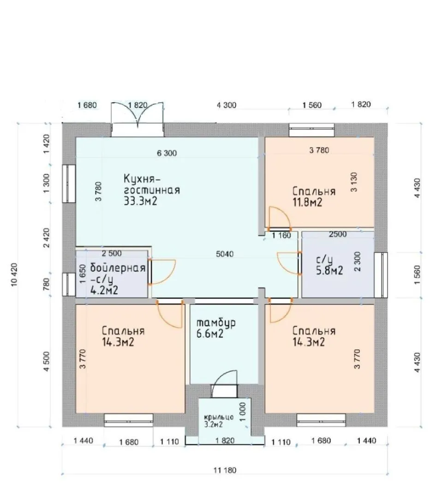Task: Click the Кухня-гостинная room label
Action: tap(151, 184)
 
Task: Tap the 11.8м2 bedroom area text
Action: tap(307, 202)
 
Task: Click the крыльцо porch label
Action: tap(219, 417)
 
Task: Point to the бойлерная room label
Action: tap(118, 268)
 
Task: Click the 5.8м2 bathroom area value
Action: tap(329, 270)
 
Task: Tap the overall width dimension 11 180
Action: tap(225, 470)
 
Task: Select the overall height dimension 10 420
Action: tap(14, 274)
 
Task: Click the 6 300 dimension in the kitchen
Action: tap(167, 153)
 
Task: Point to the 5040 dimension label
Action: tap(225, 254)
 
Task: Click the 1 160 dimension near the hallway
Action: tap(281, 236)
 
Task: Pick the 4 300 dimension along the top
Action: tap(227, 105)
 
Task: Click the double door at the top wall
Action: tap(137, 119)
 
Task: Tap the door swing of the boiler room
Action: tap(162, 272)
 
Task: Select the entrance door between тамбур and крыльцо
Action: tap(224, 384)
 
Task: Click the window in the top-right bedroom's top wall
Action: tap(312, 130)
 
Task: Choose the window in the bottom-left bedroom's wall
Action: tap(129, 420)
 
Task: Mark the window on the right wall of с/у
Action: tap(381, 275)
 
